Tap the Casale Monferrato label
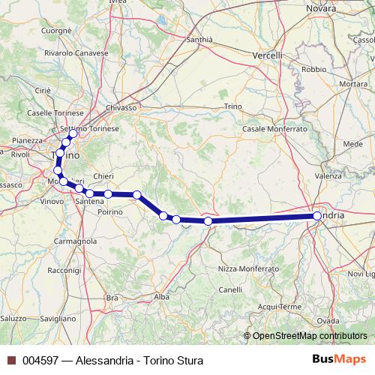tap(274, 129)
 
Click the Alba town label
tap(161, 297)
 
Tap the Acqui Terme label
tap(279, 306)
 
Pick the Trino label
tap(232, 107)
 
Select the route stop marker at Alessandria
tap(317, 216)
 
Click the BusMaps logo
tap(339, 360)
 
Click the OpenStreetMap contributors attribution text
tap(309, 335)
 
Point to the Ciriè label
tap(42, 90)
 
